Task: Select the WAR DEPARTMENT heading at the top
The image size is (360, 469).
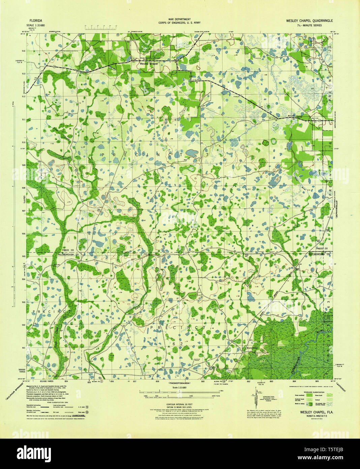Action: (180, 20)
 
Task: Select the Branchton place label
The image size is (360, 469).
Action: (252, 348)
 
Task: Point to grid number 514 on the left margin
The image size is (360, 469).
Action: (24, 51)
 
